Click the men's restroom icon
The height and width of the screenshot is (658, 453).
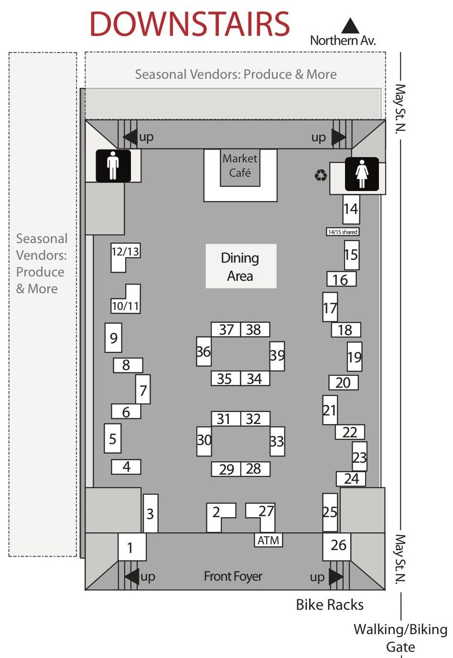(x=113, y=166)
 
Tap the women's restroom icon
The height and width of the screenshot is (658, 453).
(x=362, y=174)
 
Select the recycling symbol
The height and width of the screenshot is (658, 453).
(x=321, y=175)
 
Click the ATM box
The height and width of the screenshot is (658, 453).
(x=268, y=540)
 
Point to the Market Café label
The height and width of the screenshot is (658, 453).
(x=240, y=166)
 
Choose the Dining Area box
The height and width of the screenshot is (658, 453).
(x=241, y=266)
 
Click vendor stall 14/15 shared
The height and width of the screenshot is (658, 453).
(x=343, y=232)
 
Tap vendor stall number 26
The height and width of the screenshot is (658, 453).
(x=337, y=546)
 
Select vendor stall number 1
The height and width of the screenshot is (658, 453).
(x=132, y=547)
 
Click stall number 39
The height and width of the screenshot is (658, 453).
(x=277, y=356)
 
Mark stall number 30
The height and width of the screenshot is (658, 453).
(x=204, y=441)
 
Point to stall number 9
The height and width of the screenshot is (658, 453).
(x=113, y=338)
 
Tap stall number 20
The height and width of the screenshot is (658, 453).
(x=344, y=383)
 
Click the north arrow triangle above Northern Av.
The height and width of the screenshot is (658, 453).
(x=350, y=26)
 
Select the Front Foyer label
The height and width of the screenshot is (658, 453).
(x=233, y=576)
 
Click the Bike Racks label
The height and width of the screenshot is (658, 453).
(x=330, y=605)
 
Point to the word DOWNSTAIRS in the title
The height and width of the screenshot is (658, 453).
(x=190, y=24)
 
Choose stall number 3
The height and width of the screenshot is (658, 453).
(x=151, y=513)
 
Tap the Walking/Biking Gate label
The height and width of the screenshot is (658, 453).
(x=400, y=638)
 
